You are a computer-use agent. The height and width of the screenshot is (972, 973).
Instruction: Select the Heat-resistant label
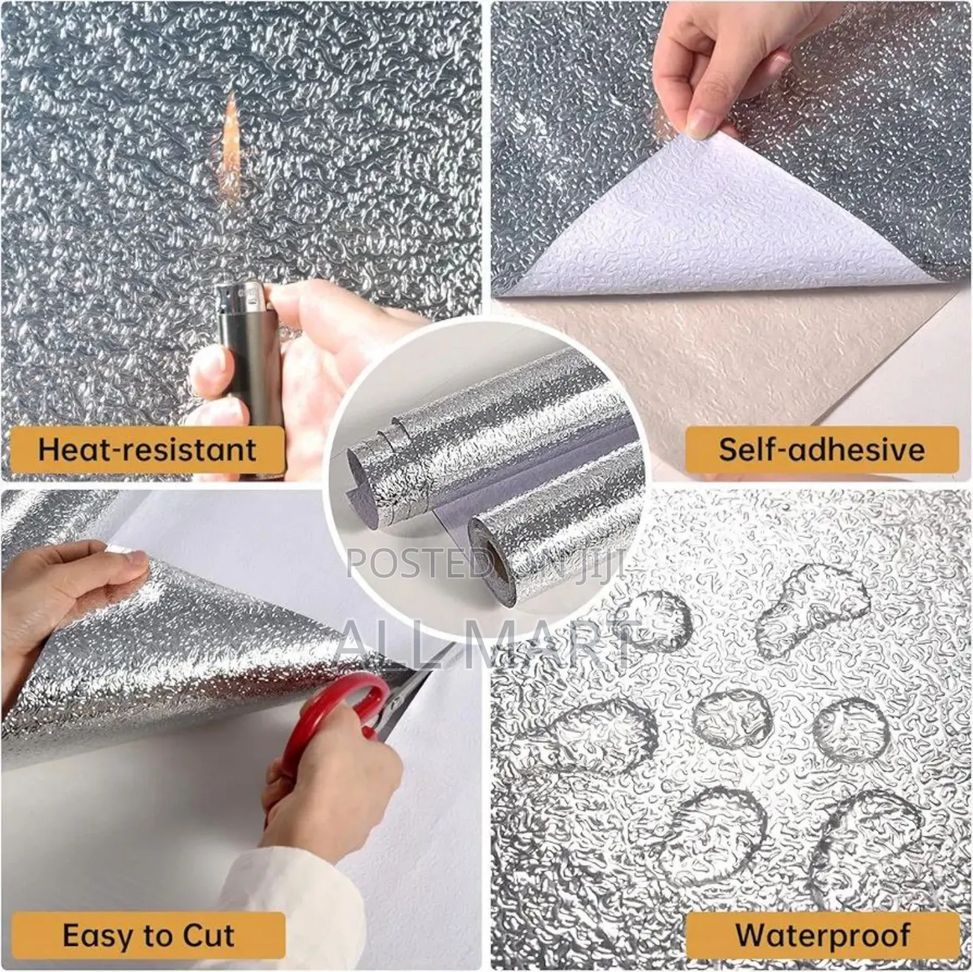146,449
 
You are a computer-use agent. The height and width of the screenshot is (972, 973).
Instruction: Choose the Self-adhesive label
821,449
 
